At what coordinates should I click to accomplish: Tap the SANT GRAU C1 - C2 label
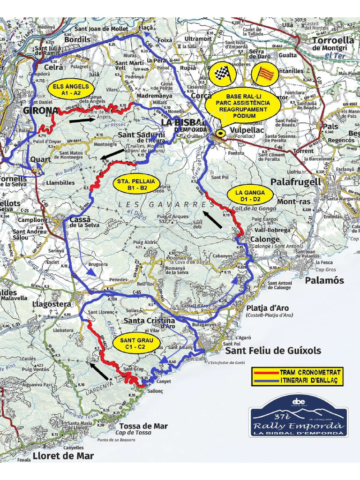coord(135,343)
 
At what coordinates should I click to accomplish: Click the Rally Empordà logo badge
coord(299,417)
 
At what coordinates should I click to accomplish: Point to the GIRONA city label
coord(40,111)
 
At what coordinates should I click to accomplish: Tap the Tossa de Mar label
coord(143,426)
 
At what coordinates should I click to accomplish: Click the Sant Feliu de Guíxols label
coord(273,351)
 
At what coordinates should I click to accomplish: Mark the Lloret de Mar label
coord(63,456)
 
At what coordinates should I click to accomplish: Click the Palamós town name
coord(324,280)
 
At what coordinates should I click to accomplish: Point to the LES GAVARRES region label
coord(166,205)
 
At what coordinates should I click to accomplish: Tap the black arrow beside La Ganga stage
coord(213,219)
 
